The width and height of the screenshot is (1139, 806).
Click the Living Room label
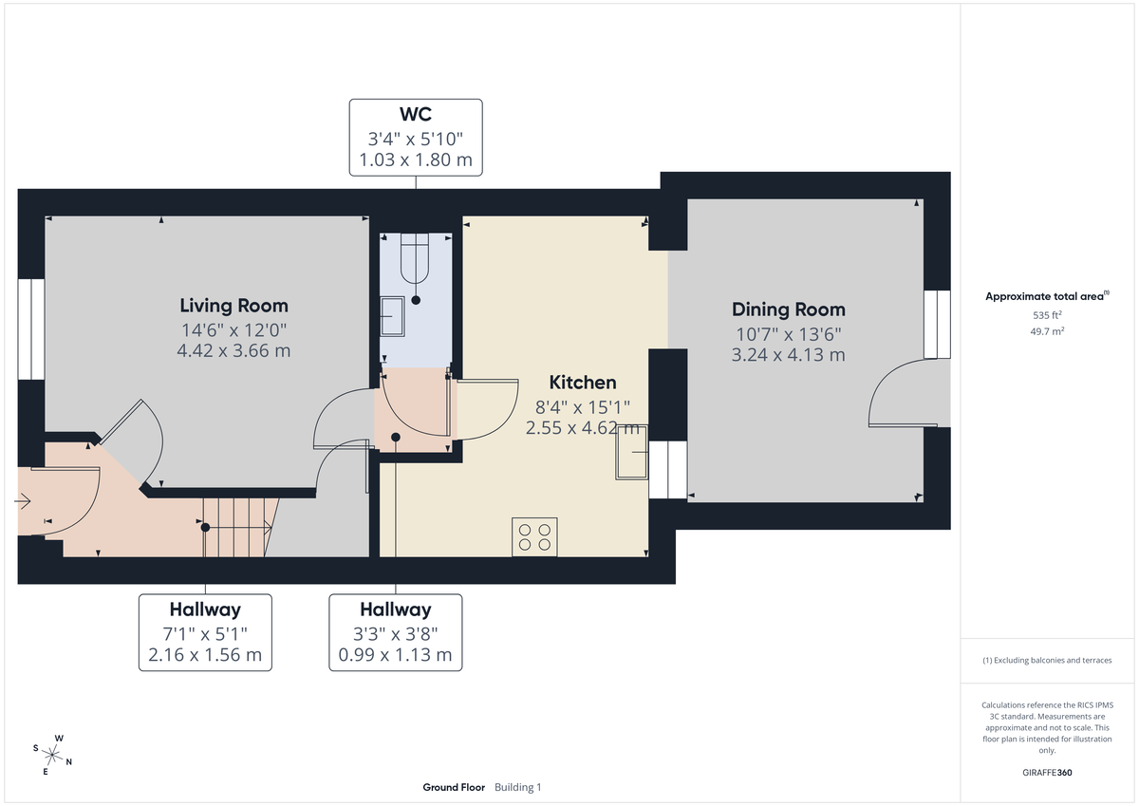tap(233, 306)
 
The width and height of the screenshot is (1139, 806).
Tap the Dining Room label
tap(788, 309)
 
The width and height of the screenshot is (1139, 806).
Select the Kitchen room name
tap(582, 383)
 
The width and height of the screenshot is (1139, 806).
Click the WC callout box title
tap(415, 115)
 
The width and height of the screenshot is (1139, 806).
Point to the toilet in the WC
tap(416, 260)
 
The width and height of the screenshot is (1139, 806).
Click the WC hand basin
tap(392, 315)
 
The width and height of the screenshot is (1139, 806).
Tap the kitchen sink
tap(631, 453)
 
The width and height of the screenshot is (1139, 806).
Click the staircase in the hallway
tap(237, 526)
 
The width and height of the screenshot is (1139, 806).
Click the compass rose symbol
tap(54, 756)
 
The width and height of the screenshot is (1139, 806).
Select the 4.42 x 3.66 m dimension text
tap(233, 350)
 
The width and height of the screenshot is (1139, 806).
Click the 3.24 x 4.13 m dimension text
tap(788, 355)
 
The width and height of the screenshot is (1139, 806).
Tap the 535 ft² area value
tap(1047, 314)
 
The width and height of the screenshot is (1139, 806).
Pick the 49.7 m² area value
tap(1047, 330)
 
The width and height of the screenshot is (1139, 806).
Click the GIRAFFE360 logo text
tap(1047, 773)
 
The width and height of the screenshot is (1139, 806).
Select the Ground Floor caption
tap(454, 787)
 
